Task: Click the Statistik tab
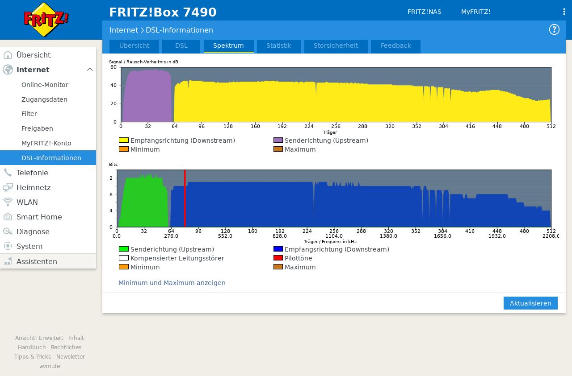tap(278, 46)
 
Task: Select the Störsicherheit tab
tap(336, 46)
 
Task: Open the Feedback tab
tap(395, 46)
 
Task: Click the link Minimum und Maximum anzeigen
tap(172, 283)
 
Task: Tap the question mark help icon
tap(554, 29)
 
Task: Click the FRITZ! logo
tap(46, 20)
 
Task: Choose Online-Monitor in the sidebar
tap(45, 85)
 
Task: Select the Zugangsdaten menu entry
tap(44, 99)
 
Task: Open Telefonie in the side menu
tap(32, 173)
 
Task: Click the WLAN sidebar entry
tap(27, 202)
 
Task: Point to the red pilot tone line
tap(185, 198)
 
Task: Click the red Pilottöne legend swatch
tap(278, 258)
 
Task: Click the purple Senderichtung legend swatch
tap(278, 140)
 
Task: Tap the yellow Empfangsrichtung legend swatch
tap(124, 140)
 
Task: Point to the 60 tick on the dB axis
tap(114, 67)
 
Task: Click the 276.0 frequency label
tap(171, 236)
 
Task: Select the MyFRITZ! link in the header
tap(476, 12)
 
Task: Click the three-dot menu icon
tap(564, 12)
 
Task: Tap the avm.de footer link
tap(50, 366)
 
